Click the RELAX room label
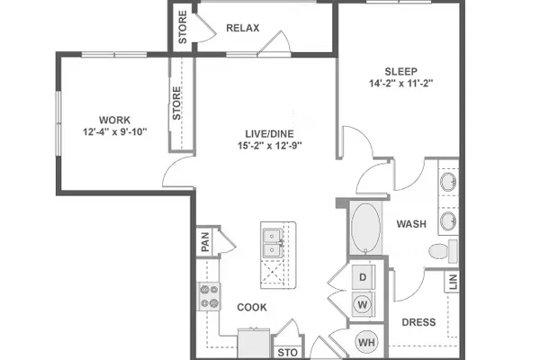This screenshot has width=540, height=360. [x=243, y=28]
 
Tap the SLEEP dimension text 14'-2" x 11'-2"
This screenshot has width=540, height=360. [x=400, y=84]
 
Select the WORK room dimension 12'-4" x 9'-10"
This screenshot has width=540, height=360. [x=114, y=131]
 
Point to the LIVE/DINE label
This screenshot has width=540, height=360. [x=270, y=134]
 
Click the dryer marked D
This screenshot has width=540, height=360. [x=363, y=277]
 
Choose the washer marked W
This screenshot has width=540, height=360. [x=363, y=304]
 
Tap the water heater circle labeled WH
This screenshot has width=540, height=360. [x=366, y=342]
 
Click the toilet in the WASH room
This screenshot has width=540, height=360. [x=443, y=251]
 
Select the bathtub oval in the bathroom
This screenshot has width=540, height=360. [x=365, y=228]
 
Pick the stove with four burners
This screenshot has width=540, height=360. [x=209, y=296]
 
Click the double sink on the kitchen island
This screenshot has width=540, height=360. [x=273, y=243]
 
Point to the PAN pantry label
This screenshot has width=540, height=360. [x=205, y=241]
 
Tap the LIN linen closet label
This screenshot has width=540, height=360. [x=454, y=282]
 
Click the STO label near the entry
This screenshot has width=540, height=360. [x=288, y=353]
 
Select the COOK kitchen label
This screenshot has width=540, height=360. [x=252, y=307]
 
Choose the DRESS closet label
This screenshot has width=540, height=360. [x=418, y=322]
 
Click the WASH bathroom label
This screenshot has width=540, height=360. [x=411, y=224]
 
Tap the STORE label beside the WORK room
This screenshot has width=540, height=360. [x=176, y=103]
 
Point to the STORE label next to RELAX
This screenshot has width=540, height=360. [x=183, y=27]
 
